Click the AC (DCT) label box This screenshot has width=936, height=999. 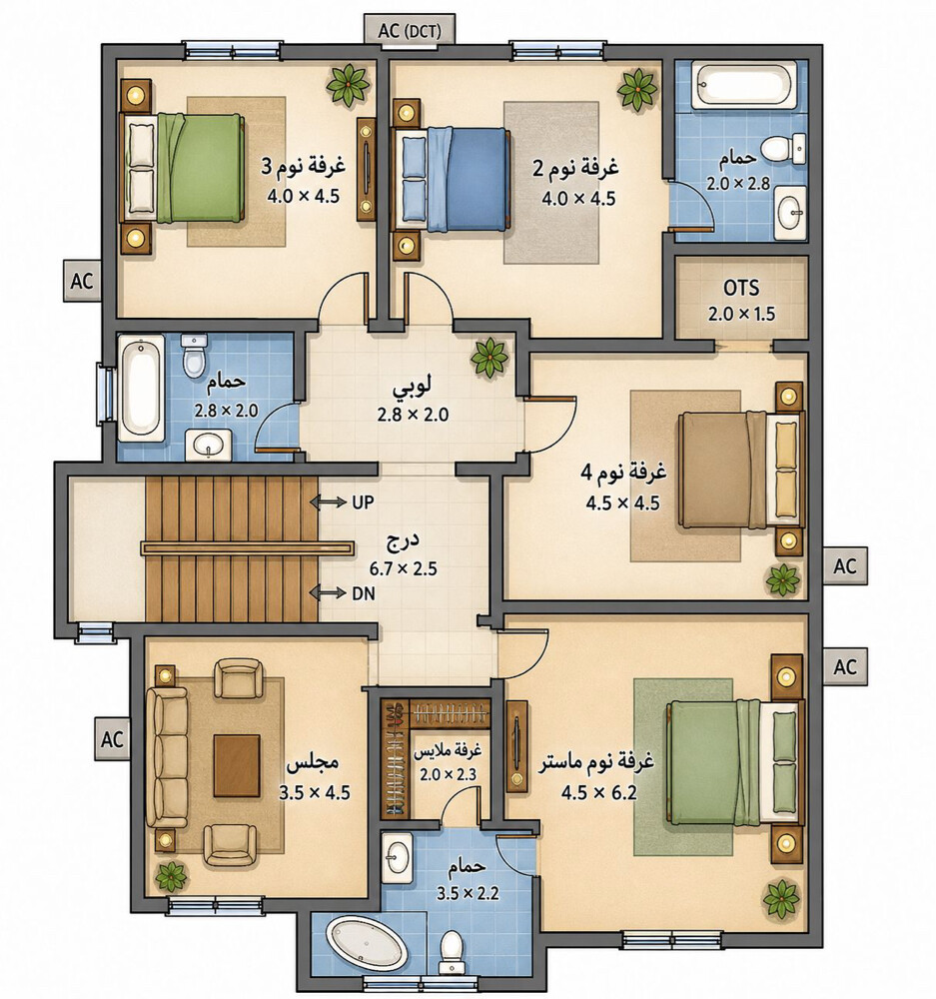pyautogui.click(x=409, y=29)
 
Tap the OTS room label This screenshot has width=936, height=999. pyautogui.click(x=741, y=288)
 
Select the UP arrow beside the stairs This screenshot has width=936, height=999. pyautogui.click(x=328, y=502)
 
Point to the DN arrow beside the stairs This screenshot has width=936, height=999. pyautogui.click(x=328, y=593)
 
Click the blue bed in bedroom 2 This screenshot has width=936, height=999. pyautogui.click(x=454, y=179)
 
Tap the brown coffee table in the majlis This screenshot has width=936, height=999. pyautogui.click(x=237, y=766)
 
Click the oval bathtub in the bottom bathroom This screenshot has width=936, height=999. pyautogui.click(x=367, y=943)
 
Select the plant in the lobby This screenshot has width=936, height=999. pyautogui.click(x=488, y=357)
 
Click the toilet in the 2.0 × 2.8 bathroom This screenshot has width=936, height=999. pyautogui.click(x=784, y=149)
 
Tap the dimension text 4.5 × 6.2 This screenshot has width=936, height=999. pyautogui.click(x=599, y=793)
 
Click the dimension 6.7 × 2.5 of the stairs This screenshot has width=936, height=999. pyautogui.click(x=404, y=568)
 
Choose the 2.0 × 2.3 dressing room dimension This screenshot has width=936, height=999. pyautogui.click(x=448, y=774)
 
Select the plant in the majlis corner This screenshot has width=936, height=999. pyautogui.click(x=171, y=876)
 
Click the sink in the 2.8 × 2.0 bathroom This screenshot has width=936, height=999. pyautogui.click(x=209, y=444)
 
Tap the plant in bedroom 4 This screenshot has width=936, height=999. pyautogui.click(x=782, y=579)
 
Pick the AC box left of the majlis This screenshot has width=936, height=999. pyautogui.click(x=113, y=739)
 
